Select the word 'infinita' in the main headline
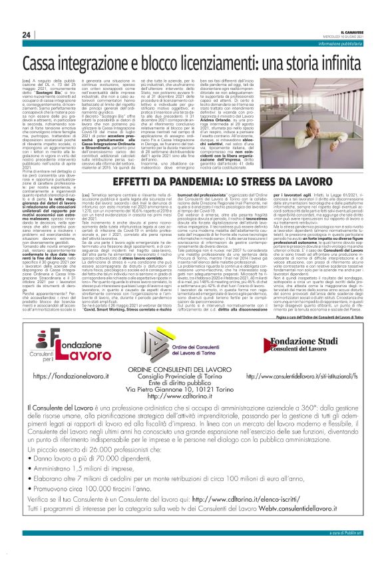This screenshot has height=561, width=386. click(x=337, y=65)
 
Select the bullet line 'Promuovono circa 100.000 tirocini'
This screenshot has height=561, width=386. click(x=120, y=508)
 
